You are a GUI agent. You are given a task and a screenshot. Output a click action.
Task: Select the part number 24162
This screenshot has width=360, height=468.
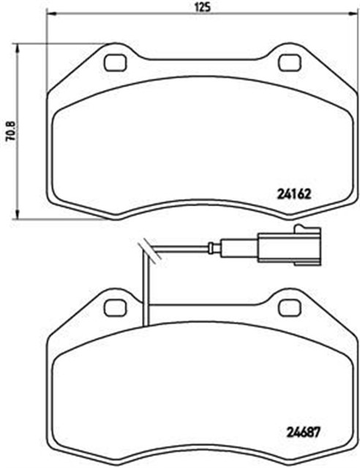click(295, 195)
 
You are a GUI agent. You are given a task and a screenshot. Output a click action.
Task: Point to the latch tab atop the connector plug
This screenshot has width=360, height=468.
click(307, 229)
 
